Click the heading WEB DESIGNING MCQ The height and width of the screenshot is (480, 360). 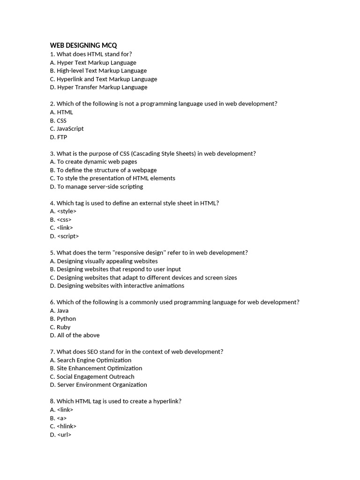(x=83, y=45)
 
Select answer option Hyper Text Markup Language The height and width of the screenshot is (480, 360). (x=96, y=62)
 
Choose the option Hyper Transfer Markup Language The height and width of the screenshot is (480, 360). (x=102, y=87)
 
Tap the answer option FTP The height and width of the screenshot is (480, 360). (x=61, y=137)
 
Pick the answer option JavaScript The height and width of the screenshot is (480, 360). (x=70, y=128)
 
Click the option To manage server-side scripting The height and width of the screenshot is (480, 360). (x=99, y=187)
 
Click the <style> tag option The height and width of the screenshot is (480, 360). (x=66, y=211)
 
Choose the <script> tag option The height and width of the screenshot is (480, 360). (x=67, y=236)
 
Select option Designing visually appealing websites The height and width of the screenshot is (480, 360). (x=107, y=261)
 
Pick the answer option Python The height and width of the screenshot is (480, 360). (x=66, y=319)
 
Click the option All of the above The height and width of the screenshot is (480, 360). (x=78, y=335)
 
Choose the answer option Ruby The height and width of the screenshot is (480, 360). (x=63, y=327)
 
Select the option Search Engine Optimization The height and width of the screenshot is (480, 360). (x=94, y=360)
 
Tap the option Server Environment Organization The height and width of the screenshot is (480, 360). (x=102, y=385)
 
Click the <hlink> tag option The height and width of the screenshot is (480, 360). (x=66, y=426)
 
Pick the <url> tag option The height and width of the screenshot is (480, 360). (x=64, y=435)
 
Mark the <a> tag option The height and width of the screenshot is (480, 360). (x=61, y=418)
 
